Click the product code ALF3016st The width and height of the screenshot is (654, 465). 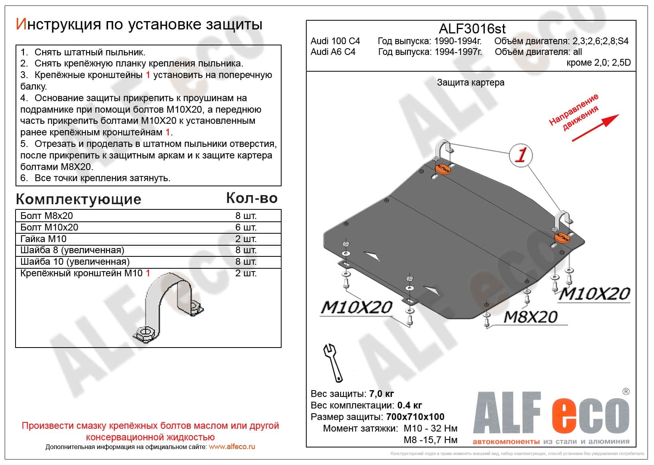tap(472, 29)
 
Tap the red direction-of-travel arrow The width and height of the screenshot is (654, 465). tap(595, 127)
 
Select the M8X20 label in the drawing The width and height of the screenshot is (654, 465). tap(531, 317)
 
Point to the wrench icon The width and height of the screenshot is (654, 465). tap(333, 362)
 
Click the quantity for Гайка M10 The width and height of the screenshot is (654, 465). tap(246, 239)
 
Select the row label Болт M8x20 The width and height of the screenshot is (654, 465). tap(47, 216)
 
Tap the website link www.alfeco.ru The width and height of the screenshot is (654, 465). tap(232, 447)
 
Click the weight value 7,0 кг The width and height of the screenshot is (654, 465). tap(382, 394)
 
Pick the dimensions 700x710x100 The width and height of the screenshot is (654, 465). tap(415, 417)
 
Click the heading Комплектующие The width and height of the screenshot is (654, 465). tap(78, 199)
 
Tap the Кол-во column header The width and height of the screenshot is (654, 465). tap(252, 198)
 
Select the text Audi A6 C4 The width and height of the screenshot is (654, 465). tap(333, 52)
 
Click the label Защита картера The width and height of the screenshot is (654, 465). tap(470, 82)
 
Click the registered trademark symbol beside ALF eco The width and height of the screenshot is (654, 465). tap(626, 392)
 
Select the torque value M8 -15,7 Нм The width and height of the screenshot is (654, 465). tap(430, 440)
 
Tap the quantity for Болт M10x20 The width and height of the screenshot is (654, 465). tap(246, 227)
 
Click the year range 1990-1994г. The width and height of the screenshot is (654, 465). tap(458, 41)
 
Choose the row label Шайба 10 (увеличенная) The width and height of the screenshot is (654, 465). tap(75, 262)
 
